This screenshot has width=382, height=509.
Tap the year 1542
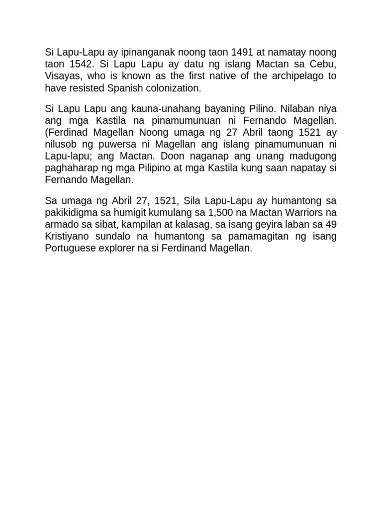79,64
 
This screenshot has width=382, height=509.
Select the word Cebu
324,64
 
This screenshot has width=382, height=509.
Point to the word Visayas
61,76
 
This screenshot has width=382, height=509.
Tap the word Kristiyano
69,236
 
